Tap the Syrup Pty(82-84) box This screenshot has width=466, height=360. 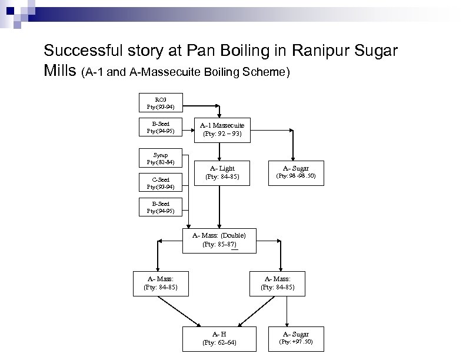click(x=160, y=158)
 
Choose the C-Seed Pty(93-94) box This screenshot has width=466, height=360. click(x=160, y=184)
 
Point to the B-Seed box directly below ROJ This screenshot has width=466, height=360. click(x=160, y=127)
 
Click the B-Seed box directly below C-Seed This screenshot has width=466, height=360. click(x=160, y=207)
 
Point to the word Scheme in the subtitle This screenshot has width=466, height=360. click(x=265, y=73)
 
